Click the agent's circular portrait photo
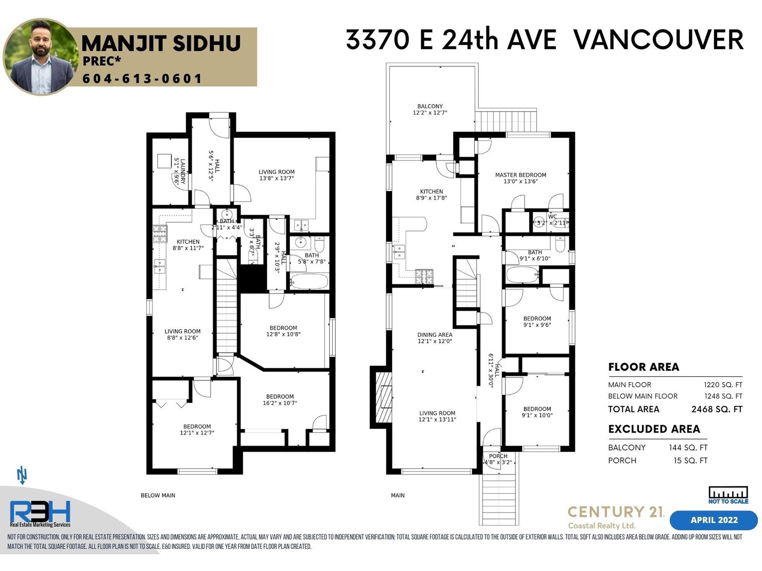[x=41, y=57]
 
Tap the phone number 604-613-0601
[x=142, y=79]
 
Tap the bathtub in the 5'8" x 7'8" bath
[x=309, y=281]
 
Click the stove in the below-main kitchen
[x=160, y=233]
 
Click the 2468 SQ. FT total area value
[x=717, y=409]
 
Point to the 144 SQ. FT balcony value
[x=688, y=448]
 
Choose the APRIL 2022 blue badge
[x=714, y=520]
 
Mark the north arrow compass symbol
[x=22, y=476]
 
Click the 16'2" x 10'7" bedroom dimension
[x=280, y=403]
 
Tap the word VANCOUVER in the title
[x=659, y=39]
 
